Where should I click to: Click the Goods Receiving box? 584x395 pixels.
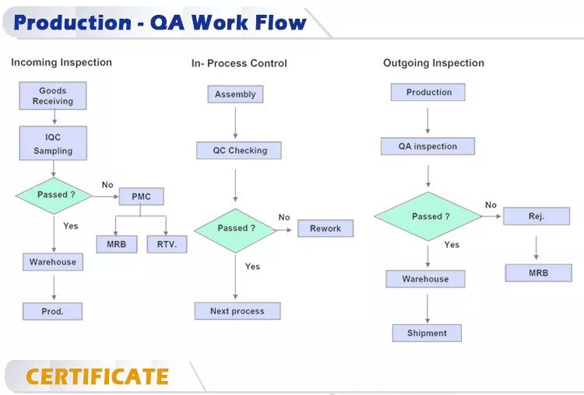53,96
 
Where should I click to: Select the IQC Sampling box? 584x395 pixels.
53,145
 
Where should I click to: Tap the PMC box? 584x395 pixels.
141,197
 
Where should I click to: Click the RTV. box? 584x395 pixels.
167,244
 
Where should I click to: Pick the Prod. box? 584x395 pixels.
53,311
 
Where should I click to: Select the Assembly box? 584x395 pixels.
235,94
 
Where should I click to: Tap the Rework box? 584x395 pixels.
325,229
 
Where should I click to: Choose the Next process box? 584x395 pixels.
237,311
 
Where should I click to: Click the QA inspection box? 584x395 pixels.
428,146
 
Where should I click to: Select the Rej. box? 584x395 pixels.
537,216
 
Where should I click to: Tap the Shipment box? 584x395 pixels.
427,333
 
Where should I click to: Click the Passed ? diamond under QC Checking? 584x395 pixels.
236,229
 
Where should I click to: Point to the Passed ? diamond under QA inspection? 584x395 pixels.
427,216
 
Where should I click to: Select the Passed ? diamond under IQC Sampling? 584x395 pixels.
54,195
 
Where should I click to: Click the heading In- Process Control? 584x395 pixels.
239,64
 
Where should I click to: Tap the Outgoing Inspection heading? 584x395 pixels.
434,63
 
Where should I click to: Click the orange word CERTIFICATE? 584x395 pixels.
97,377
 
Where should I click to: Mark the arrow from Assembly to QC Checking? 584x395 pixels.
235,122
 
